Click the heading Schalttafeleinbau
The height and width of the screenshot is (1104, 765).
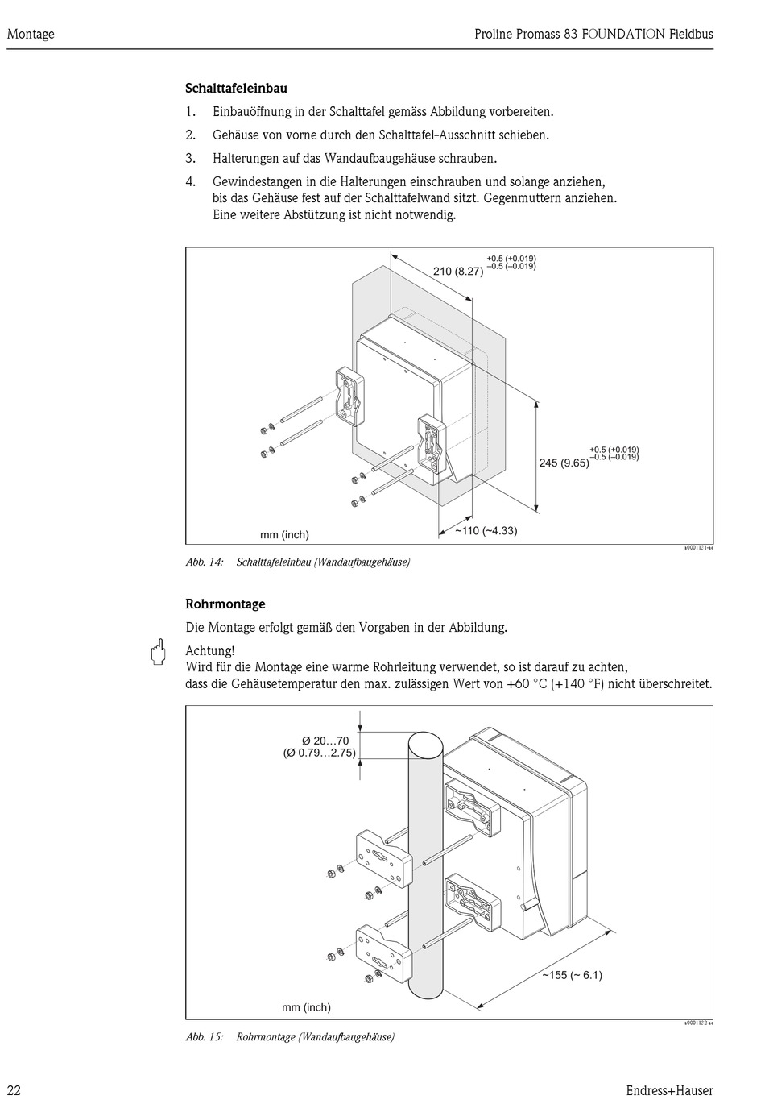coord(236,89)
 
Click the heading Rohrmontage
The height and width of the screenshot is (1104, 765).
coord(225,604)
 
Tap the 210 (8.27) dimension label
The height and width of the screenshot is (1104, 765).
coord(457,272)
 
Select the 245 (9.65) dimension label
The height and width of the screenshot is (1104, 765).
coord(564,463)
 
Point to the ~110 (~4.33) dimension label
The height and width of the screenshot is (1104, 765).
coord(486,530)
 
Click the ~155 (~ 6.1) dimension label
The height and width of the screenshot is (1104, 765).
coord(571,975)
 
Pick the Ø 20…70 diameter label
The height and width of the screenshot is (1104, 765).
coord(325,741)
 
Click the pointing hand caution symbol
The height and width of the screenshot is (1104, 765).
coord(159,651)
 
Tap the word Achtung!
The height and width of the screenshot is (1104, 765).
coord(210,650)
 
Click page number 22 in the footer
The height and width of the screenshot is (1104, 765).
coord(14,1090)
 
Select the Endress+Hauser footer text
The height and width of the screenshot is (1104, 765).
coord(669,1090)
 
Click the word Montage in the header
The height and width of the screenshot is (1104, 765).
coord(31,34)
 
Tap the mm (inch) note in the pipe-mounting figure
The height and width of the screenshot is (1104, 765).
coord(306,1007)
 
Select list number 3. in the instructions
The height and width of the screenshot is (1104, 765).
coord(191,158)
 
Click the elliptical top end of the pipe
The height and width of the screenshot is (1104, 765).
coord(424,745)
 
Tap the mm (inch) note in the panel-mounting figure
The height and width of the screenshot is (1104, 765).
coord(284,534)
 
